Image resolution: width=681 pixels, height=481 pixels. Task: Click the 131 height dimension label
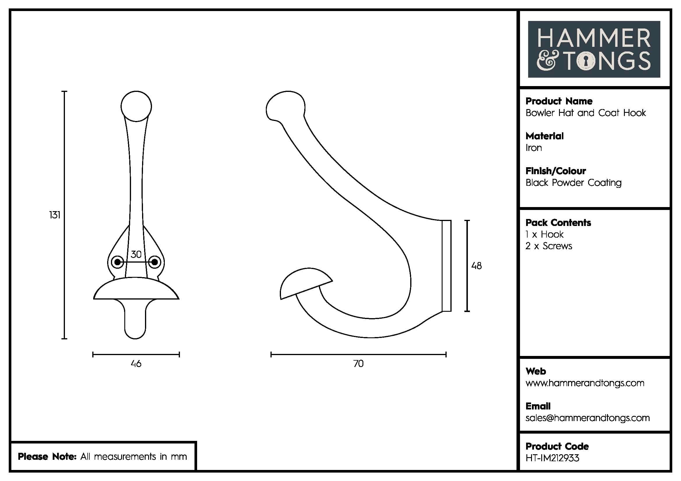tap(54, 215)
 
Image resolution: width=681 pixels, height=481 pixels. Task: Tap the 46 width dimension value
tap(136, 364)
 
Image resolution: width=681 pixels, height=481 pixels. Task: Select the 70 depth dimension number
tap(358, 364)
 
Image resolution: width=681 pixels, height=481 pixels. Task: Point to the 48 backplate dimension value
tap(476, 266)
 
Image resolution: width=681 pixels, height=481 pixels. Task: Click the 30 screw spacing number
tap(136, 254)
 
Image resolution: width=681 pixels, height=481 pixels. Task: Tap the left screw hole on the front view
tap(117, 262)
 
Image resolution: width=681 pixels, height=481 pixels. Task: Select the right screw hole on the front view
tap(155, 262)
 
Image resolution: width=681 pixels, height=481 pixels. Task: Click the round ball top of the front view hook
tap(136, 106)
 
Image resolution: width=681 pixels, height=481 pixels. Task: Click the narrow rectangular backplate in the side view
tap(447, 266)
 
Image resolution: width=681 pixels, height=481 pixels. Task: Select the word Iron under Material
tap(534, 148)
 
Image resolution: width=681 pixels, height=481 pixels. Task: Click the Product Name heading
tap(559, 101)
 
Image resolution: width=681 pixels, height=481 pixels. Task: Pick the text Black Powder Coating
tap(573, 183)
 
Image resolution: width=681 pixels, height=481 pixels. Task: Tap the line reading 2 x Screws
tap(549, 246)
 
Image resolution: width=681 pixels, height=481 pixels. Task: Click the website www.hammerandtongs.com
tap(585, 383)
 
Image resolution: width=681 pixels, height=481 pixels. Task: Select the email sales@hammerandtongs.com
tap(587, 418)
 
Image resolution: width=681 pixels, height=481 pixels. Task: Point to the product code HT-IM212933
tap(552, 458)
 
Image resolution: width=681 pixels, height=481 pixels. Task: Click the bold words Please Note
tap(47, 456)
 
